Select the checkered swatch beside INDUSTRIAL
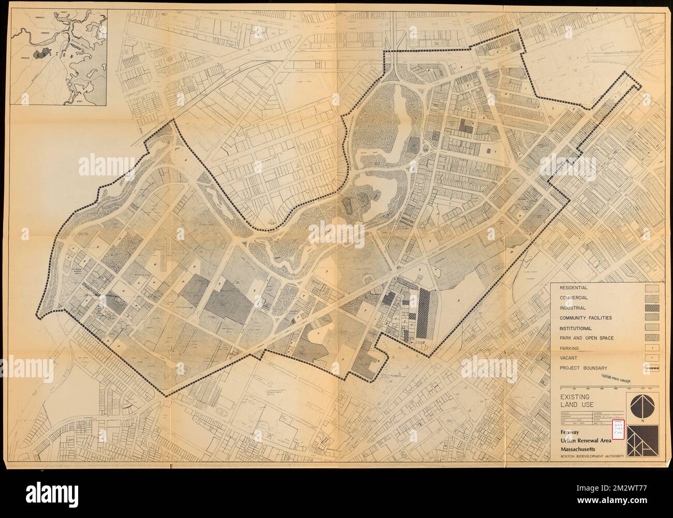coord(651,308)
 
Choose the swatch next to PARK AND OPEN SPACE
coord(651,338)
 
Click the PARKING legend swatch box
coord(651,348)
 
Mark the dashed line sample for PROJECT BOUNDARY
coord(651,368)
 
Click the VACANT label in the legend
coord(567,358)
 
